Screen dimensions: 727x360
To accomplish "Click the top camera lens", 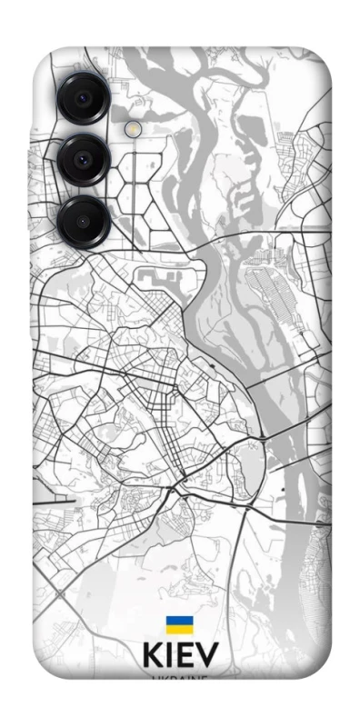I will point(83,98).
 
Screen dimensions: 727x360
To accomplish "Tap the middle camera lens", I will point(83,159).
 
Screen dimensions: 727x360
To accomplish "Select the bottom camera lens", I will point(83,220).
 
